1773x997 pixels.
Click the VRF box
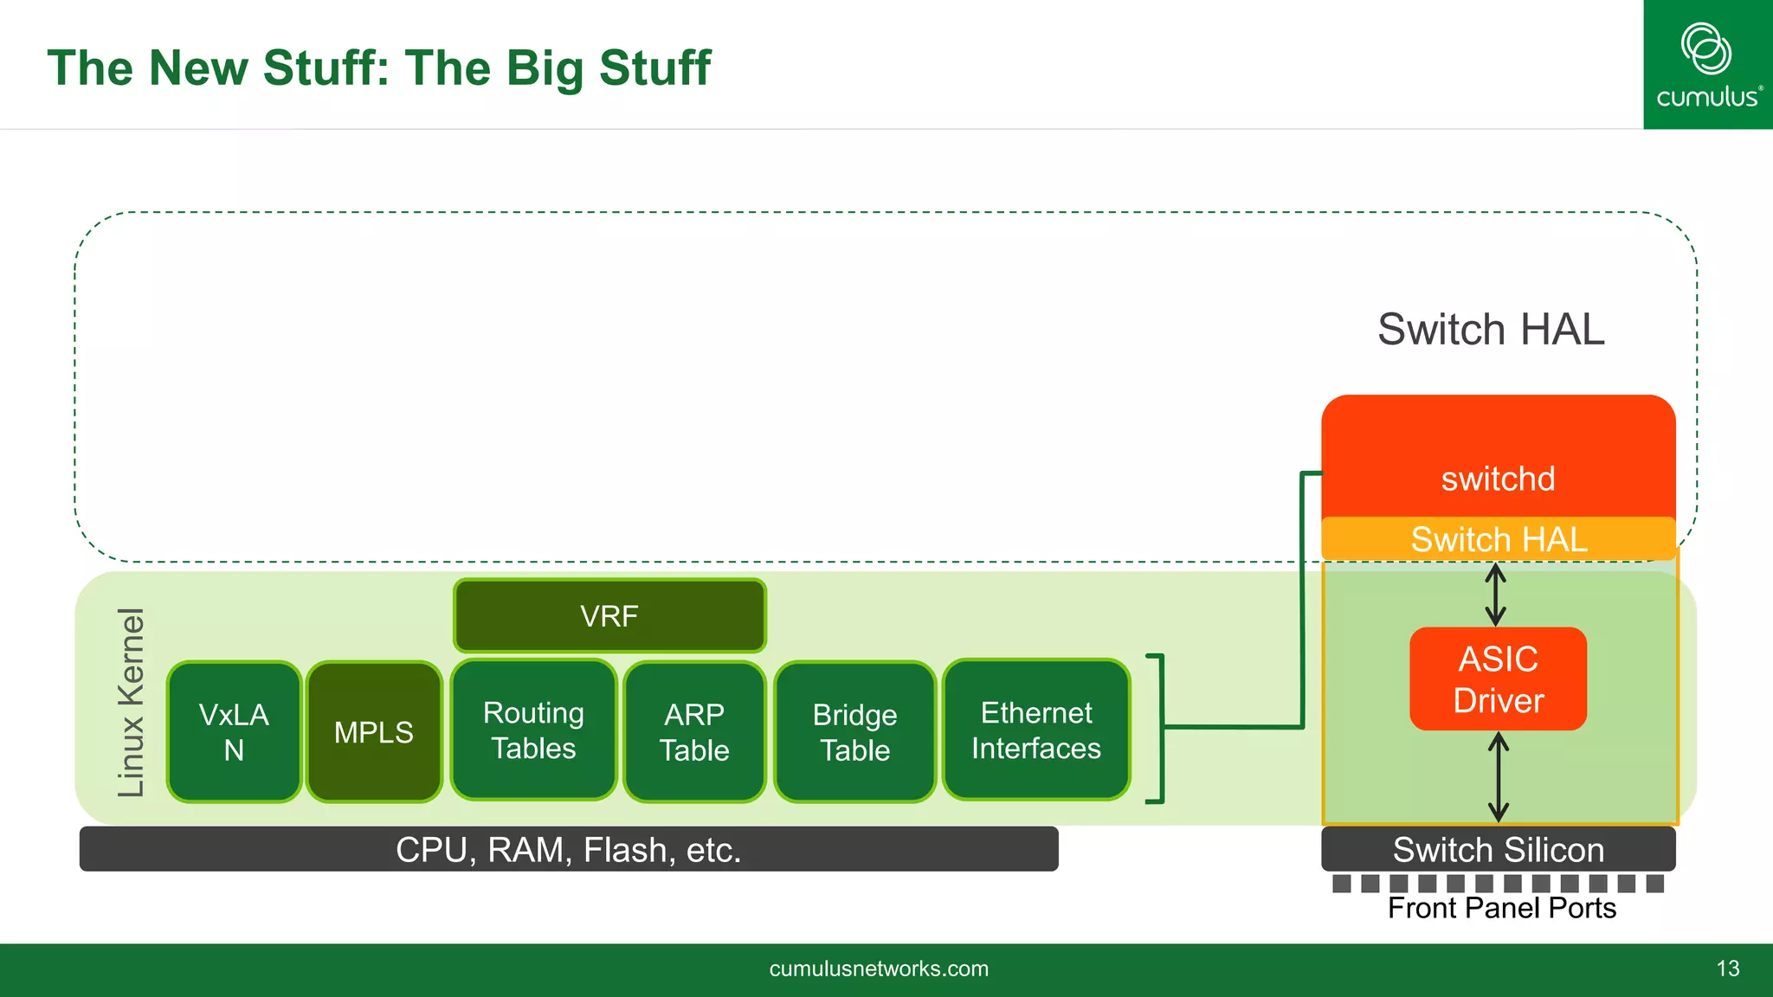(x=609, y=615)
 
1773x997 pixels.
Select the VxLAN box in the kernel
(x=234, y=731)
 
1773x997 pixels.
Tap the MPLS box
(x=374, y=732)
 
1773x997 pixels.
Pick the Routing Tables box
(x=533, y=730)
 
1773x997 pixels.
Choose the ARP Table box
(x=694, y=731)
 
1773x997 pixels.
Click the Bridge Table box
(x=854, y=731)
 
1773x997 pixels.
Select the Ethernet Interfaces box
(x=1036, y=730)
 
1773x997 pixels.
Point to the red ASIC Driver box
(x=1498, y=679)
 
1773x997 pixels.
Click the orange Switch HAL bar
(x=1498, y=539)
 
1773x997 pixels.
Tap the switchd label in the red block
(x=1498, y=479)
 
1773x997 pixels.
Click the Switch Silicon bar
(x=1498, y=849)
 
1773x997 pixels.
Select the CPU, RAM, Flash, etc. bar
(x=569, y=849)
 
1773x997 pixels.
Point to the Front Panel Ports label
(x=1501, y=908)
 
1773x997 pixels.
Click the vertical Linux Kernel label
(x=132, y=702)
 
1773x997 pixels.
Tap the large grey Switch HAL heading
(x=1491, y=330)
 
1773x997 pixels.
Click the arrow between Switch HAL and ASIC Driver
(x=1495, y=595)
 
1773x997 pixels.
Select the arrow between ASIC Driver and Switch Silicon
(x=1499, y=776)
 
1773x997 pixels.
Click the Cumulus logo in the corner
(x=1707, y=65)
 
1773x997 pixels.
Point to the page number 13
(x=1727, y=968)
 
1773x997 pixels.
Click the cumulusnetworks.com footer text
(x=879, y=968)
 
